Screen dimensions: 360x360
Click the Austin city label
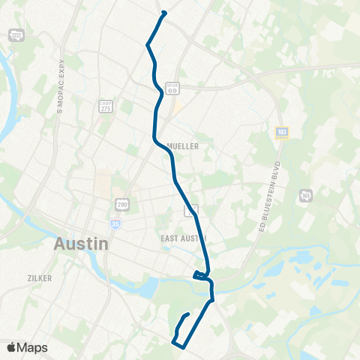tap(81, 244)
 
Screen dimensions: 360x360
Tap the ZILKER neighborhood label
tap(39, 277)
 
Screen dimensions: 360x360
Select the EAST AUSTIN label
tap(183, 238)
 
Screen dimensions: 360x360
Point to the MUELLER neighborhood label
tap(183, 147)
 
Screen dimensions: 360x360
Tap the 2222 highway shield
tap(15, 35)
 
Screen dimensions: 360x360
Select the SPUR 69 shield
tap(172, 88)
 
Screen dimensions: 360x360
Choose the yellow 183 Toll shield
tap(282, 133)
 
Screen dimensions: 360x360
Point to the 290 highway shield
tap(122, 204)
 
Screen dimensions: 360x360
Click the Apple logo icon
tap(11, 347)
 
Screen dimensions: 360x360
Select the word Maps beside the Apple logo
tap(32, 347)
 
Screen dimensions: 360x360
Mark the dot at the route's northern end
tap(163, 13)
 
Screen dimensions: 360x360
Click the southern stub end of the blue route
tap(187, 313)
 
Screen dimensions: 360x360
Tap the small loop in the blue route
tap(201, 275)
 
